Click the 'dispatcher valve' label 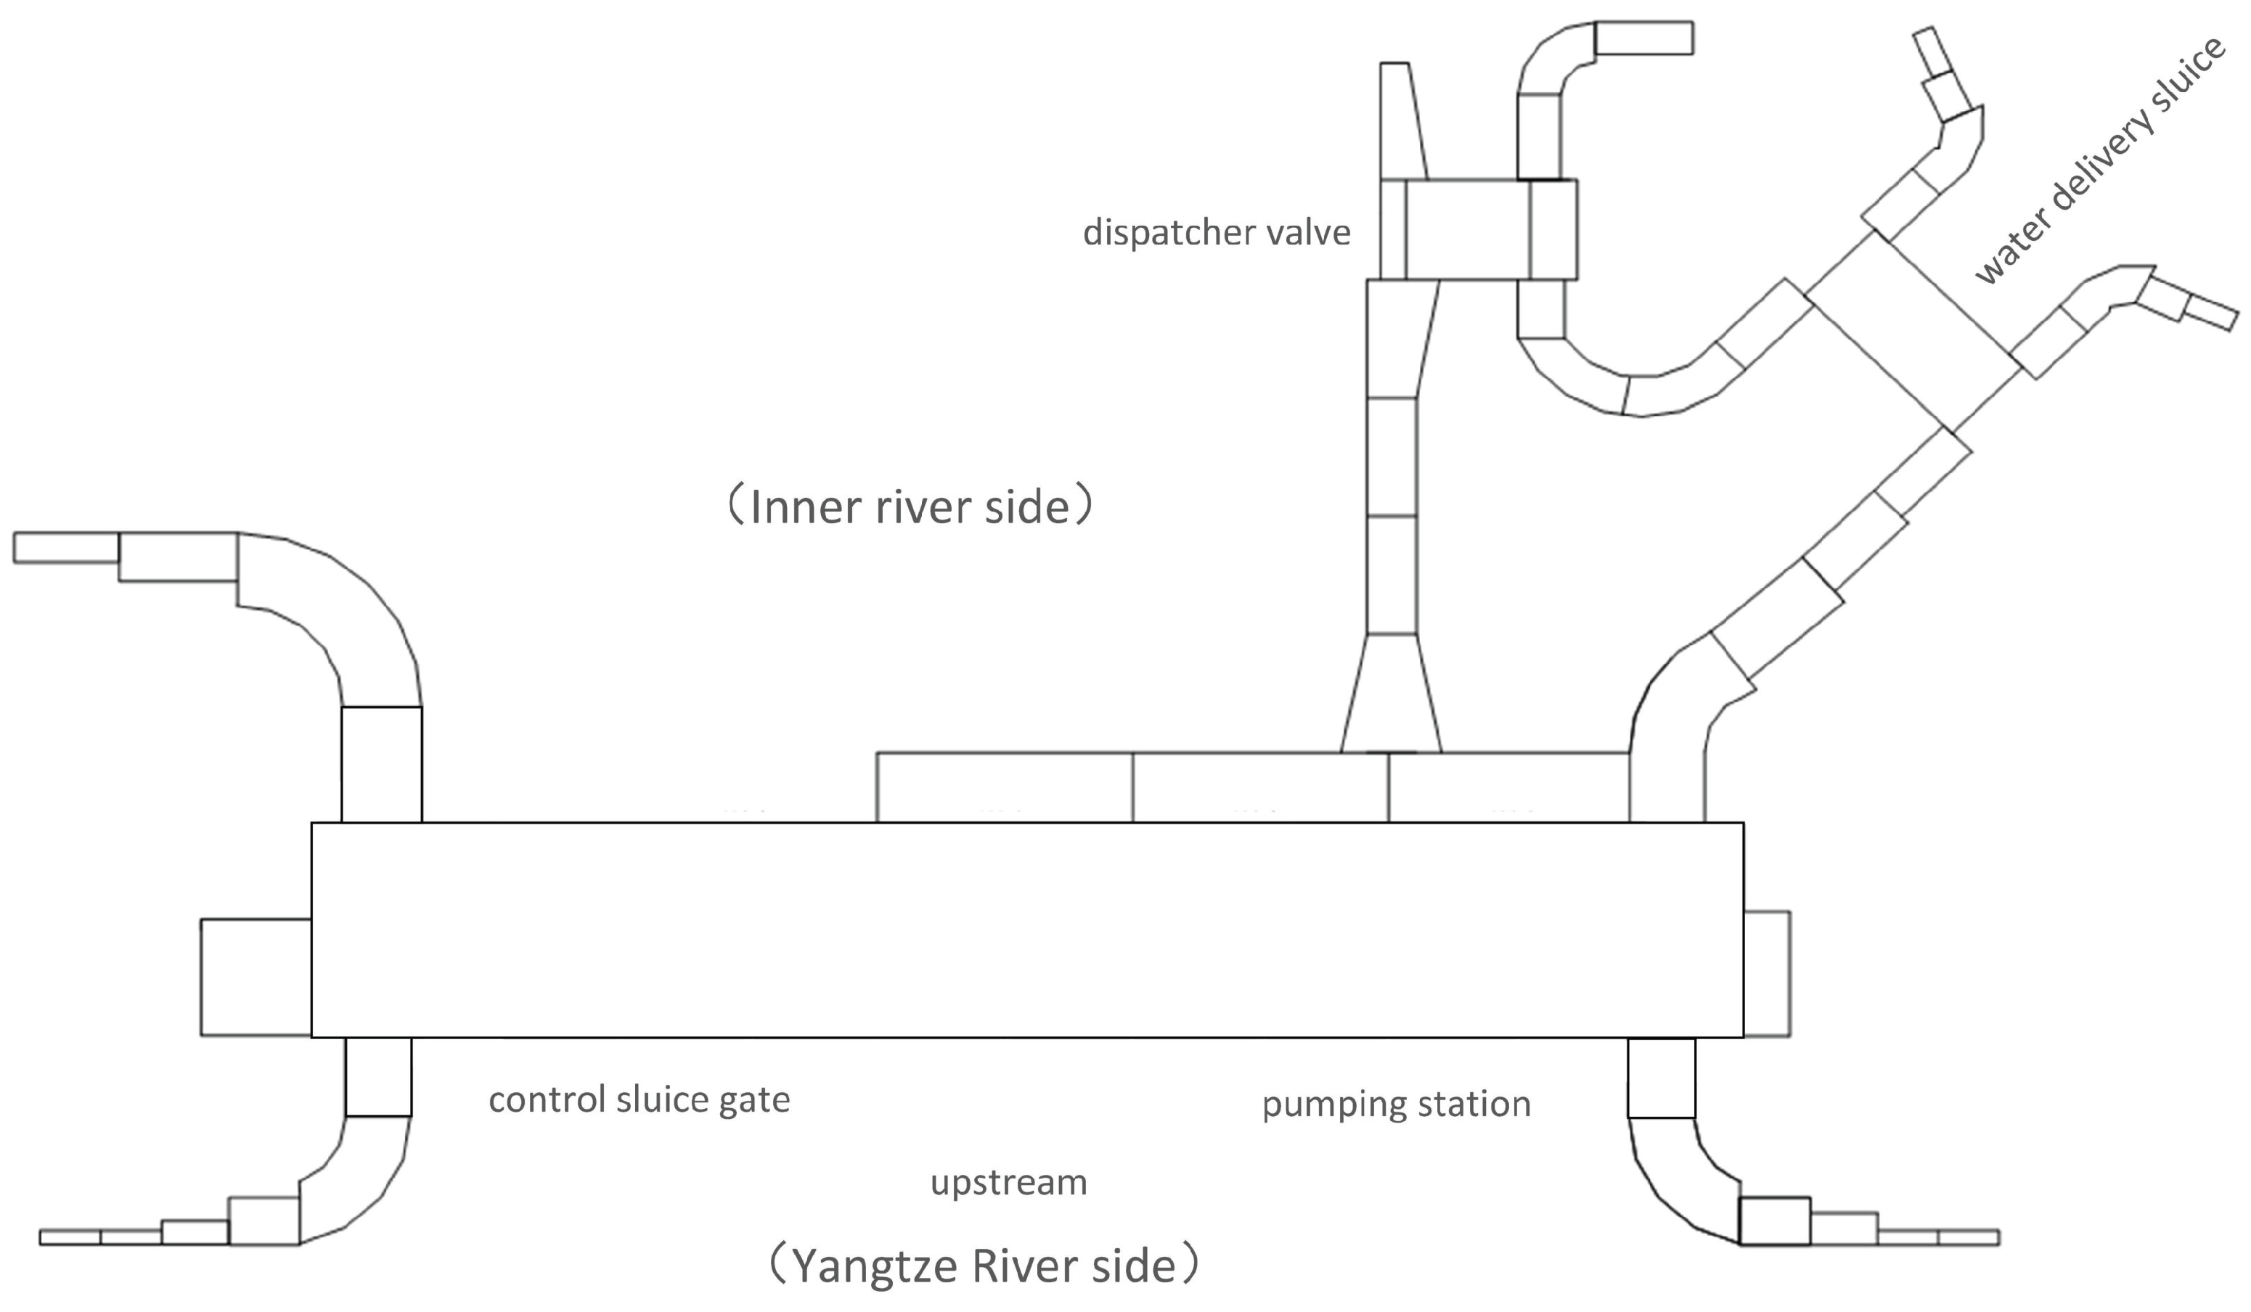(1216, 233)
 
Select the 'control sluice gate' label (639, 1099)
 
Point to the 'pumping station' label (1395, 1104)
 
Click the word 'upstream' (1008, 1183)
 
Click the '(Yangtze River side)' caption (983, 1266)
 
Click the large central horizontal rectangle (1026, 930)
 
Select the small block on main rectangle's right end (1766, 974)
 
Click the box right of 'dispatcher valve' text (1467, 229)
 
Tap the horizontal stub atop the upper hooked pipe (1643, 38)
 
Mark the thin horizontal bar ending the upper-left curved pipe (65, 547)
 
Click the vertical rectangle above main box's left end (381, 765)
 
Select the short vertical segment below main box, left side (378, 1076)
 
